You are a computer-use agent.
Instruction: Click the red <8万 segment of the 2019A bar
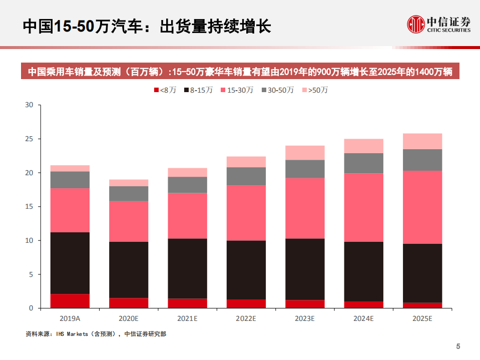coord(70,301)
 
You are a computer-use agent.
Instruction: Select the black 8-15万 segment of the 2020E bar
coord(129,270)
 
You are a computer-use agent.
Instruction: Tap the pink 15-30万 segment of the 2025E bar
coord(423,207)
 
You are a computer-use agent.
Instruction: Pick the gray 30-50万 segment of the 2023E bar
coord(305,169)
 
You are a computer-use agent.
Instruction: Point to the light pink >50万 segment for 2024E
coord(364,146)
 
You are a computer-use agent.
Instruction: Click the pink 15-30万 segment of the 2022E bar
coord(246,213)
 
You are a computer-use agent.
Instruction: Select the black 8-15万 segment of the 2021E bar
coord(187,268)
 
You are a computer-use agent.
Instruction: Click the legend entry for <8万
coord(165,90)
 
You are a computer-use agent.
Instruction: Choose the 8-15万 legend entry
coord(199,90)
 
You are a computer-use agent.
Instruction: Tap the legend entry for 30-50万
coord(278,90)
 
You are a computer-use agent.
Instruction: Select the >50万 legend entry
coord(315,90)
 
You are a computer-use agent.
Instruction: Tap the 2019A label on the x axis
coord(70,318)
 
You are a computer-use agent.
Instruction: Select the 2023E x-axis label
coord(305,318)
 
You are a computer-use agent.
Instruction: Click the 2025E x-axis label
coord(423,318)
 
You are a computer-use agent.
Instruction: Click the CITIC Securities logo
coord(438,24)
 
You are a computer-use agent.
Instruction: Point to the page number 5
coord(457,346)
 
